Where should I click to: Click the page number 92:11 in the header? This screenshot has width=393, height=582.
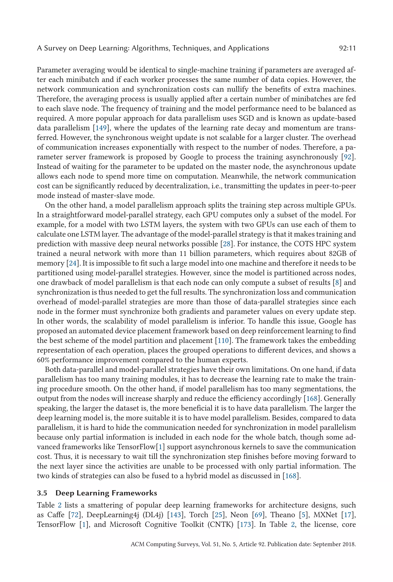coord(347,48)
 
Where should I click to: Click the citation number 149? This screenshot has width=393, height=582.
coord(101,128)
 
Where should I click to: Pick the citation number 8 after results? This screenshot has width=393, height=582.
coord(337,283)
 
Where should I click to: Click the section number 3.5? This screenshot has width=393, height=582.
coord(42,493)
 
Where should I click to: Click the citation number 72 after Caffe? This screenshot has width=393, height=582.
coord(75,515)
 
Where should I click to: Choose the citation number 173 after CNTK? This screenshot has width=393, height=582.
coord(245,524)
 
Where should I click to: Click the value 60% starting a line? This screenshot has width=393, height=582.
coord(43,360)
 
